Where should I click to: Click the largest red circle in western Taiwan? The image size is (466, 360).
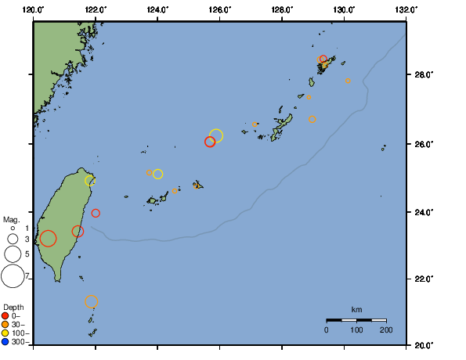[x=48, y=239]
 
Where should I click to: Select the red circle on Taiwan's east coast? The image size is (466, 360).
[x=78, y=231]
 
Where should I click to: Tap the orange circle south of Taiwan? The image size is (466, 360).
[x=91, y=301]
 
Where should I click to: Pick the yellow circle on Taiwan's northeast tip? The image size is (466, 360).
[x=90, y=181]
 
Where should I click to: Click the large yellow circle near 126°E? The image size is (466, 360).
[x=216, y=135]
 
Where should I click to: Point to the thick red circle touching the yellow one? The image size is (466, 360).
[x=209, y=142]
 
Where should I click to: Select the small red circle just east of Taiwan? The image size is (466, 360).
[x=96, y=213]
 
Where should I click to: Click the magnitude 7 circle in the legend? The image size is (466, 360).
[x=12, y=275]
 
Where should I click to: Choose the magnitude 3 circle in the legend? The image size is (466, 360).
[x=12, y=239]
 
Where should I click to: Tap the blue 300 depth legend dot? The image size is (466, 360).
[x=6, y=341]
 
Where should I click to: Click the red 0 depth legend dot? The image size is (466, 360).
[x=6, y=315]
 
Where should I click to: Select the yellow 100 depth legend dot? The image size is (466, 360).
[x=6, y=333]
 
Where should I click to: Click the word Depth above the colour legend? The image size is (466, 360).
[x=13, y=306]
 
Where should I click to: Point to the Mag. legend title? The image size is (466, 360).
[x=11, y=219]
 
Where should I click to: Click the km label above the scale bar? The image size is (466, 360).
[x=356, y=309]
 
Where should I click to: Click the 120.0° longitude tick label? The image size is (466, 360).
[x=33, y=9]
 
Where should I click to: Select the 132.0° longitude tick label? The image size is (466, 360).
[x=405, y=9]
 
